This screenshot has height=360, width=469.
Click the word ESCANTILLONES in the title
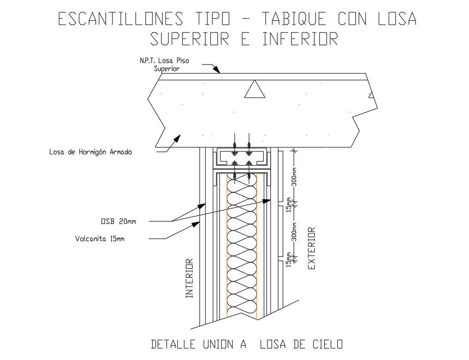121,19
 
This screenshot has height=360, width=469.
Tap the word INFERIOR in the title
301,39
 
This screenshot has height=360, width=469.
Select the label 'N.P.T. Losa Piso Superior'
165,65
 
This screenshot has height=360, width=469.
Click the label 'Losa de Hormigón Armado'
91,152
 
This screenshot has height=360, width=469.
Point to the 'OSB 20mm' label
118,221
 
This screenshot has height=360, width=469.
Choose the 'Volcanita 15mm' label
100,239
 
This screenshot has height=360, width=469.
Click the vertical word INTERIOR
190,279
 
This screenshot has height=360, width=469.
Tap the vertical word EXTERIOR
311,249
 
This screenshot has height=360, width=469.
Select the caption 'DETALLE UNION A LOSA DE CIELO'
247,344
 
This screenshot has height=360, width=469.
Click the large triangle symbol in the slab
255,89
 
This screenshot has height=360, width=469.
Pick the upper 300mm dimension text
294,177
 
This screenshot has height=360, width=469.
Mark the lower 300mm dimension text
294,231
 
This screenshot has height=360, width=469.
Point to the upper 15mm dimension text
289,205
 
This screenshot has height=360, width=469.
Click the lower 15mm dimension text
289,259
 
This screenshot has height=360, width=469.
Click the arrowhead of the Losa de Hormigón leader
177,138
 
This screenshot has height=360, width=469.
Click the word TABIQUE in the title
294,19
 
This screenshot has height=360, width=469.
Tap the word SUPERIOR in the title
190,39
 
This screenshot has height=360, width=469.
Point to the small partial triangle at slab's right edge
371,95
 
